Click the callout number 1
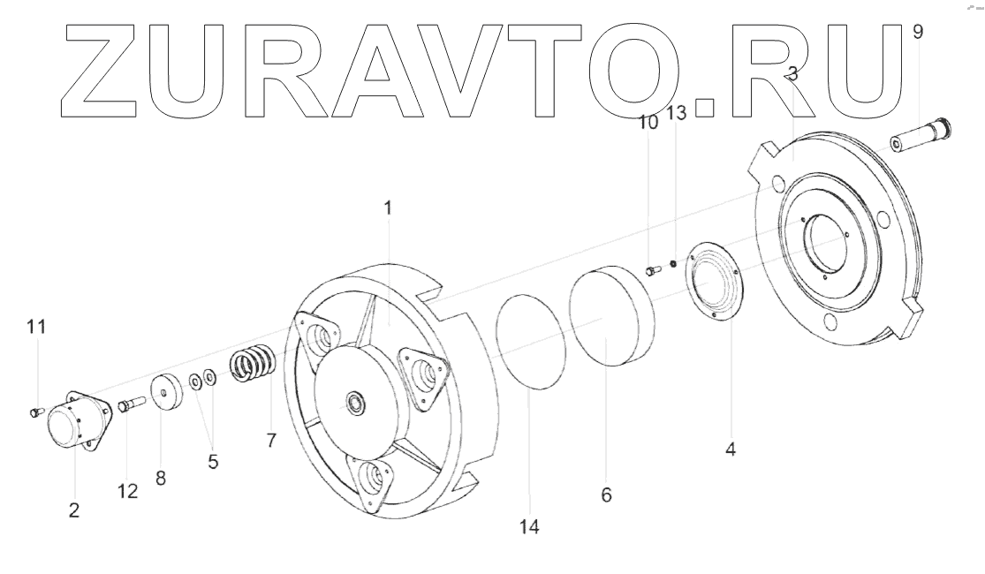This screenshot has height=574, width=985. click(388, 208)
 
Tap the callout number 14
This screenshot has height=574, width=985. click(529, 527)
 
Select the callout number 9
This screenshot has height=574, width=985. click(918, 32)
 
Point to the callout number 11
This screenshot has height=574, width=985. click(36, 327)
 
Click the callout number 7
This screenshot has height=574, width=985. click(270, 441)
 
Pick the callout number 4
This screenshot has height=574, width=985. click(730, 449)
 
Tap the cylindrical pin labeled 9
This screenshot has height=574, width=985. click(921, 136)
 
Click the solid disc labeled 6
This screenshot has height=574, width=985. click(612, 316)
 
